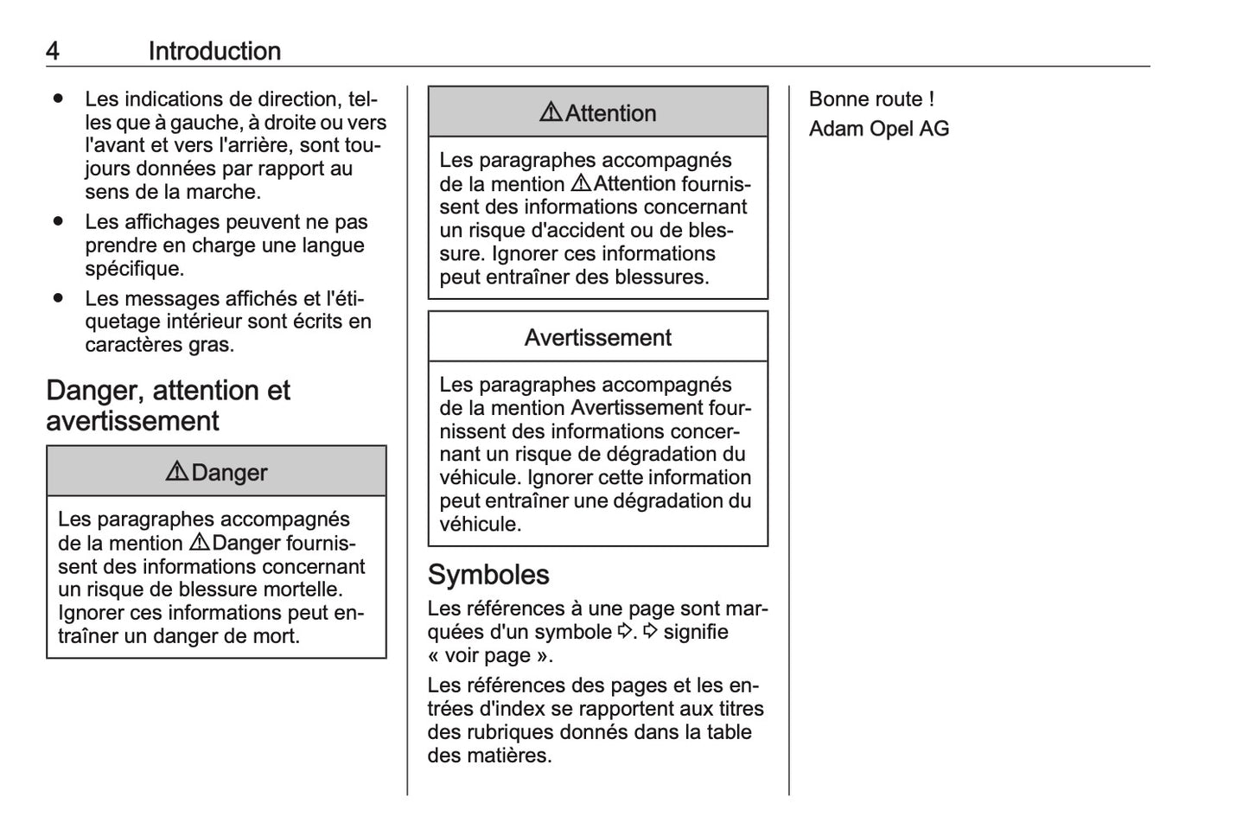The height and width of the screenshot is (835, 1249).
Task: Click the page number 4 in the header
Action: [53, 51]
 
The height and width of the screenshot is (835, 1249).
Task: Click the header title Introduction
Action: [214, 51]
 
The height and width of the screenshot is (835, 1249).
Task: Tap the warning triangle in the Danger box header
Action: [176, 472]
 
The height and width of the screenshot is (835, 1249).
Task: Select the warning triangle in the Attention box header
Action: [551, 112]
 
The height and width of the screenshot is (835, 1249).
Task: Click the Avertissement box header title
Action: [597, 337]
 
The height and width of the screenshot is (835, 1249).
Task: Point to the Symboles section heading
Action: [488, 575]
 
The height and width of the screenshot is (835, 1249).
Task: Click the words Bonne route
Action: [865, 99]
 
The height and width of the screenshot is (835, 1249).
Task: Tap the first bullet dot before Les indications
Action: [58, 99]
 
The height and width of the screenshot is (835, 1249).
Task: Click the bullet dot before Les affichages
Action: [58, 222]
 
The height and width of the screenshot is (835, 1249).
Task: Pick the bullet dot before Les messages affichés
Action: [58, 298]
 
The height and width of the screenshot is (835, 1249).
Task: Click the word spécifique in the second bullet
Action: [134, 269]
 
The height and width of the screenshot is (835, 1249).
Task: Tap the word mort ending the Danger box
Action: [277, 636]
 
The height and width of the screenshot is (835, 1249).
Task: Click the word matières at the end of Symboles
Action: [517, 755]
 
